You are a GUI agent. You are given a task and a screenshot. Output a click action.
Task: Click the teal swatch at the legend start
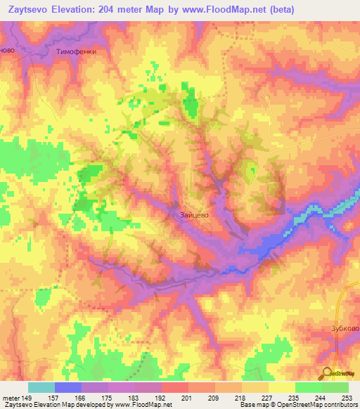tap(41, 387)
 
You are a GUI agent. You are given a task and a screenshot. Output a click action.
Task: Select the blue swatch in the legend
tap(67, 387)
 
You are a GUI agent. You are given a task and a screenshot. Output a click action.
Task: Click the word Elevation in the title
tap(86, 10)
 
